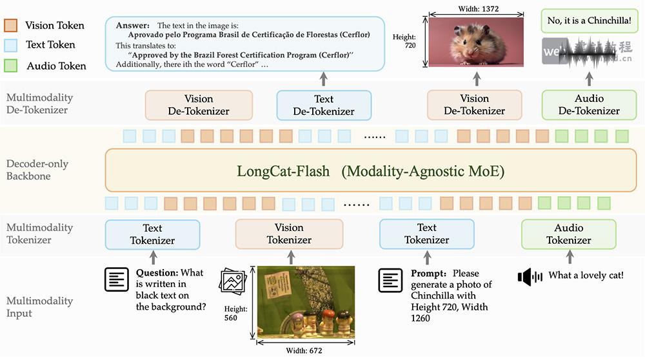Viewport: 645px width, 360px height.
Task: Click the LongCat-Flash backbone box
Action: [370, 171]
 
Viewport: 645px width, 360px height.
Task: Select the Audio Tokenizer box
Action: [568, 234]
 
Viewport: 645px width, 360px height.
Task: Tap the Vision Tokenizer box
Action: [288, 234]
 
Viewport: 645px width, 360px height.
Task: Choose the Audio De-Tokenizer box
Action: [589, 105]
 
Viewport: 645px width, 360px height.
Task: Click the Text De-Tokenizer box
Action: [324, 105]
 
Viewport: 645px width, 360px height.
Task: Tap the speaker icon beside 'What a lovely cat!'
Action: [531, 277]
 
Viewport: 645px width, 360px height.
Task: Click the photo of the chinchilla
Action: [475, 41]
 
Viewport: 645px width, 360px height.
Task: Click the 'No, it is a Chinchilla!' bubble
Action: [590, 20]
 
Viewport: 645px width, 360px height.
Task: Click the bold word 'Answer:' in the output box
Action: [133, 25]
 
